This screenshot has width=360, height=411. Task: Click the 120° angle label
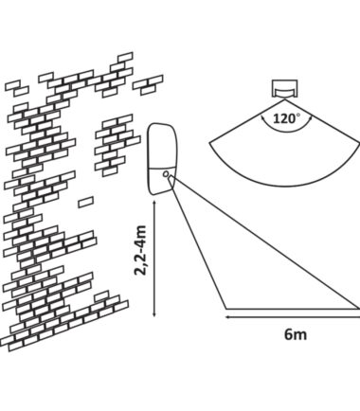pos(286,119)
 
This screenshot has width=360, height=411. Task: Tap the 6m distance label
pos(296,334)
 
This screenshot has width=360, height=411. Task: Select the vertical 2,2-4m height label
pos(140,250)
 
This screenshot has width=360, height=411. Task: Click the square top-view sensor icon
pos(285,89)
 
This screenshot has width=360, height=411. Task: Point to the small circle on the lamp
pos(165,174)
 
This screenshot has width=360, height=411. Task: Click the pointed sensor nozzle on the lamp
pos(171,182)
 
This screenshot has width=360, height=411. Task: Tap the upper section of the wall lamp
pos(163,146)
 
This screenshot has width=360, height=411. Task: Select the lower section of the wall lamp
pos(159,181)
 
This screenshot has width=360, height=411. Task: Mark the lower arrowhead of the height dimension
pos(154,313)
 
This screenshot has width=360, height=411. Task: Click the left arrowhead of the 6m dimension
pos(228,317)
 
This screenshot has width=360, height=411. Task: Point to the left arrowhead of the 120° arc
pos(262,118)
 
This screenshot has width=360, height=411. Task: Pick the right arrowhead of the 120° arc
pos(311,118)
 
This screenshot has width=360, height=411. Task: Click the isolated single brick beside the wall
pos(85,202)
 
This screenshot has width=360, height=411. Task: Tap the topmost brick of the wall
pos(125,58)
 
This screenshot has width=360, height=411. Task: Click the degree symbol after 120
pos(297,116)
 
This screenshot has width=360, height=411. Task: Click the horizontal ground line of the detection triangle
pos(293,309)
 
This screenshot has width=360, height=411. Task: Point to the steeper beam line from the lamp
pos(200,249)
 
